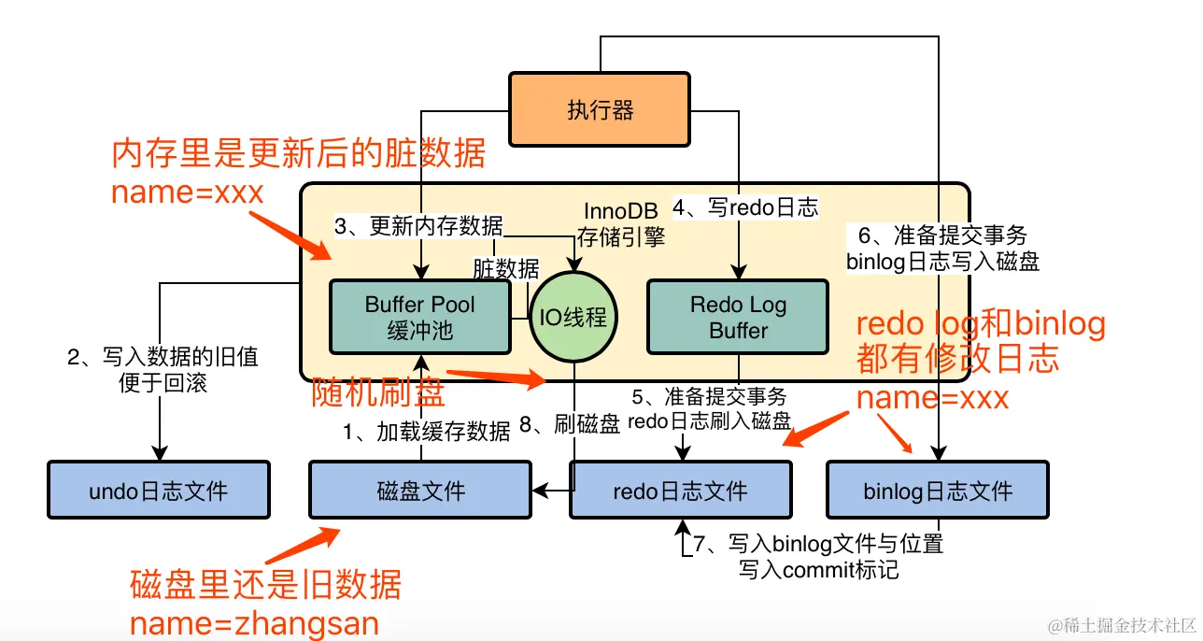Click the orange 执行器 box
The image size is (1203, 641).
pos(600,110)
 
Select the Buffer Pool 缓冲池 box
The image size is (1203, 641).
pos(420,317)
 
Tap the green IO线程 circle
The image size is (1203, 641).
pos(573,317)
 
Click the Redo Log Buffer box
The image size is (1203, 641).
pos(738,317)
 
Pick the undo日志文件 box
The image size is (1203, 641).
pos(158,490)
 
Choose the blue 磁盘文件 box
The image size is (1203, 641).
pos(420,490)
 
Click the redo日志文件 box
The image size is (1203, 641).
pos(680,490)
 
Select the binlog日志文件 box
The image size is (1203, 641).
pos(938,490)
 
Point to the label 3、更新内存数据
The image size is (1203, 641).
pos(418,225)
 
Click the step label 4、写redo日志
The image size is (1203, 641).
pos(745,207)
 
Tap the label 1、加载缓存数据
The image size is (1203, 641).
pos(427,431)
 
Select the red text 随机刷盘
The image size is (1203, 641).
pos(378,393)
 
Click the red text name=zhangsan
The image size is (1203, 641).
pos(254,623)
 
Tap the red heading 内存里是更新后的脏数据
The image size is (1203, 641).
pos(298,153)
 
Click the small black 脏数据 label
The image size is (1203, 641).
pos(506,269)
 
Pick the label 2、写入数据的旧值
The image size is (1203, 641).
pos(163,356)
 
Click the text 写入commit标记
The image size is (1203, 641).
pos(818,568)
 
